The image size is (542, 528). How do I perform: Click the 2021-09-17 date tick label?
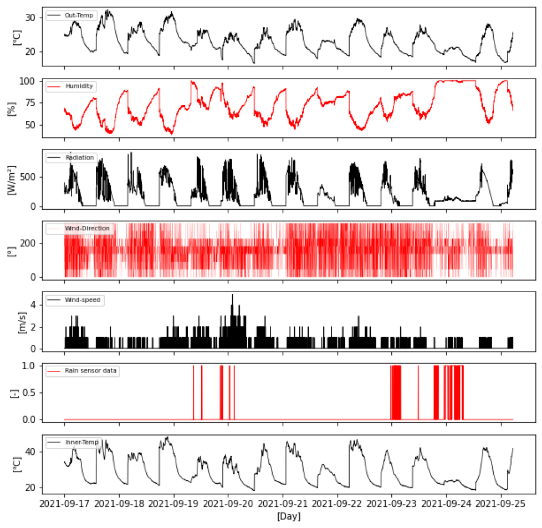(x=64, y=504)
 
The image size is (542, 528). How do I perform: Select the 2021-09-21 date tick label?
(x=283, y=504)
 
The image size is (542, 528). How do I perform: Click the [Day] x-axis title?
(x=288, y=516)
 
